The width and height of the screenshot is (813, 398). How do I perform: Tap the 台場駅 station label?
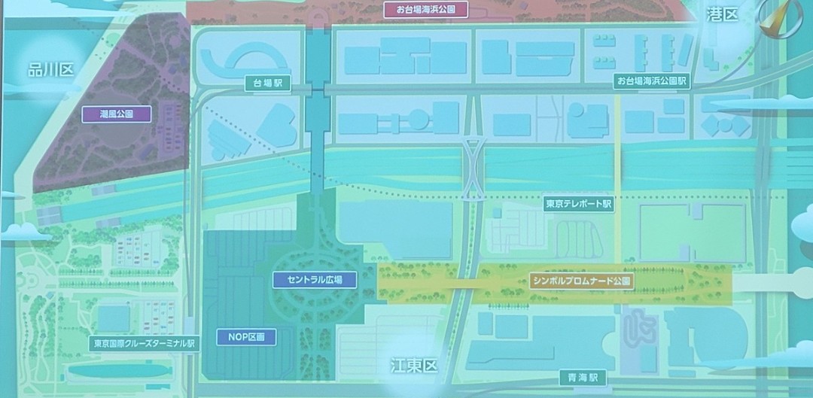[267, 85]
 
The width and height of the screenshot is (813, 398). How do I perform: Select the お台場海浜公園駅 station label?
[652, 81]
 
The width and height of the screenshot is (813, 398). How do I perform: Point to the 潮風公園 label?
[117, 114]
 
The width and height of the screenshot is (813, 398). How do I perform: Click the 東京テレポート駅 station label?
[580, 204]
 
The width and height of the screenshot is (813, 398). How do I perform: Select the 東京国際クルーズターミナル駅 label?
[143, 343]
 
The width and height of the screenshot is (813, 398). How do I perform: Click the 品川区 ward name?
[50, 70]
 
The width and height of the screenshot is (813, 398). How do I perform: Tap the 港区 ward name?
[723, 14]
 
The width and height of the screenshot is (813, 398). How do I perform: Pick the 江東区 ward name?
[413, 366]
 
